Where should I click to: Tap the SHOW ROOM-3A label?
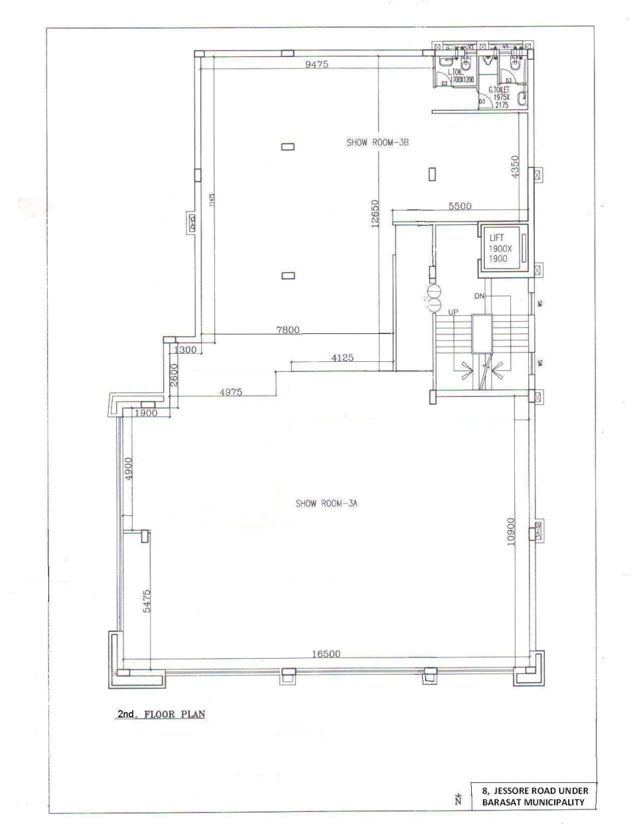pyautogui.click(x=326, y=504)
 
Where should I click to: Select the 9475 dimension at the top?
pyautogui.click(x=317, y=64)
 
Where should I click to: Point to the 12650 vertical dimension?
pyautogui.click(x=375, y=213)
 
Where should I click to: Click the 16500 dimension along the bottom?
pyautogui.click(x=326, y=654)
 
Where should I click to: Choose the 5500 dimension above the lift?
pyautogui.click(x=459, y=206)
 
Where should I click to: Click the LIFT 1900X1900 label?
pyautogui.click(x=498, y=248)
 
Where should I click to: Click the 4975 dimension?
pyautogui.click(x=231, y=392)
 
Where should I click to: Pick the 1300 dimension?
pyautogui.click(x=184, y=350)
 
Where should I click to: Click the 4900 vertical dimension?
pyautogui.click(x=129, y=469)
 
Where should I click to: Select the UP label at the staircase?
pyautogui.click(x=454, y=312)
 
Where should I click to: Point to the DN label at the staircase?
pyautogui.click(x=480, y=295)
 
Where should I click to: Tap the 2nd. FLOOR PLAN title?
pyautogui.click(x=161, y=715)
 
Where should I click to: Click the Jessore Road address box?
pyautogui.click(x=534, y=795)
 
